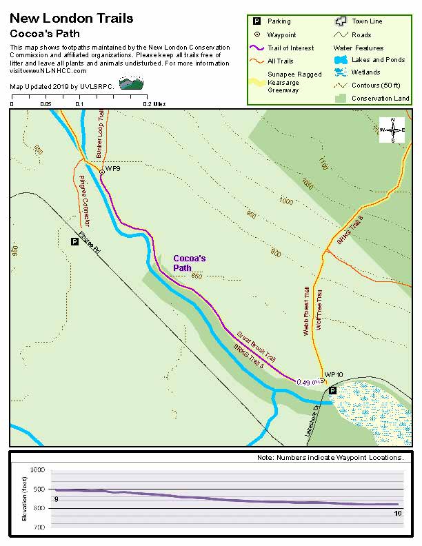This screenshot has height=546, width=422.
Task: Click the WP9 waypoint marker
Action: (x=101, y=171)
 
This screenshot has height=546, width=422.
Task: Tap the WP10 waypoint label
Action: (x=334, y=374)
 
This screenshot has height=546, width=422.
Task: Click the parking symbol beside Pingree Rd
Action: (x=74, y=241)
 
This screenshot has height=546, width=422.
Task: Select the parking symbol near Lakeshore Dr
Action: (x=332, y=390)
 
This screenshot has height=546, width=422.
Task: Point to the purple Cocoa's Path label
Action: (x=190, y=263)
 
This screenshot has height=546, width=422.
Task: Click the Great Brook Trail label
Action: (x=256, y=346)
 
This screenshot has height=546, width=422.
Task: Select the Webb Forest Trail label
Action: (x=306, y=310)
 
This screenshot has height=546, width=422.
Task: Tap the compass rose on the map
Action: (x=392, y=130)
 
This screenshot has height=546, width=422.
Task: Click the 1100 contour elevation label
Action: (x=323, y=163)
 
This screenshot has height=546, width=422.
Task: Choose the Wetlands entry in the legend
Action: (x=365, y=72)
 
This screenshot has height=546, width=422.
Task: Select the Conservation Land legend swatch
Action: (x=339, y=99)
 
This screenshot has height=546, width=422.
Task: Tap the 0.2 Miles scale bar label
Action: (x=154, y=104)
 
